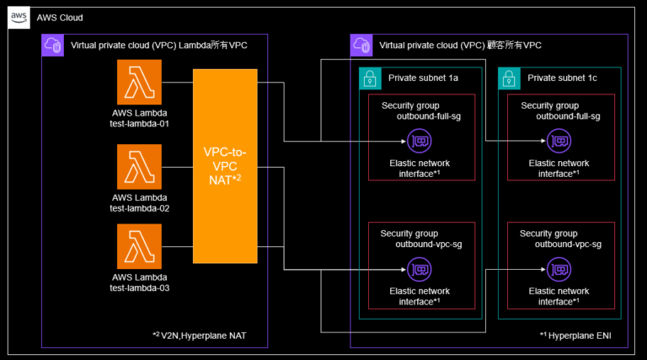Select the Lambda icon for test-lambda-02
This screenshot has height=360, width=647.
pos(140,166)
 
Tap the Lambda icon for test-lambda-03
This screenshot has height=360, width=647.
pos(140,246)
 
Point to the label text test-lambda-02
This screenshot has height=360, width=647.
pos(140,207)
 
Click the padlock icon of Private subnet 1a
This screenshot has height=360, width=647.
pos(369,78)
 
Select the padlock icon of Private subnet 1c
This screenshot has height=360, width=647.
pos(509,78)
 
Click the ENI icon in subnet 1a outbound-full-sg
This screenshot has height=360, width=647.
pos(419,140)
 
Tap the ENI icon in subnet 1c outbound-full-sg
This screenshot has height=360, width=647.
pos(559,140)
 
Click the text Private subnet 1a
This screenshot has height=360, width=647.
pos(423,78)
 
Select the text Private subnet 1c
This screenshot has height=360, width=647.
pos(563,78)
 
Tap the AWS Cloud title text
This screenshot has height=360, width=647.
pos(60,18)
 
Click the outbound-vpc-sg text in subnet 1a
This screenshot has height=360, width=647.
pos(428,244)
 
